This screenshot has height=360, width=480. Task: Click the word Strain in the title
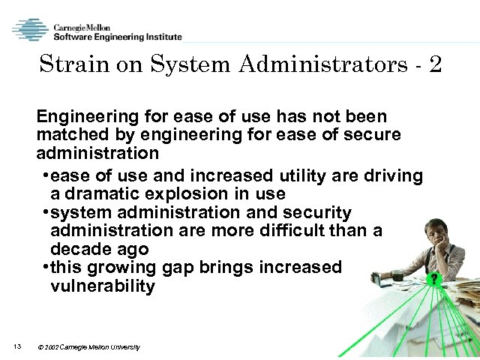point(71,64)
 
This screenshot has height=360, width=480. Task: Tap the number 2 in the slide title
point(436,64)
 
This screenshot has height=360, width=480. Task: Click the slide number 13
point(17,346)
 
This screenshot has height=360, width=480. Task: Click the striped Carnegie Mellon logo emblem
point(31,31)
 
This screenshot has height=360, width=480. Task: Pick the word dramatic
point(96,194)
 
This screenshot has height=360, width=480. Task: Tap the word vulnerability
point(103,286)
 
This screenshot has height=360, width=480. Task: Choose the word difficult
point(283,231)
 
